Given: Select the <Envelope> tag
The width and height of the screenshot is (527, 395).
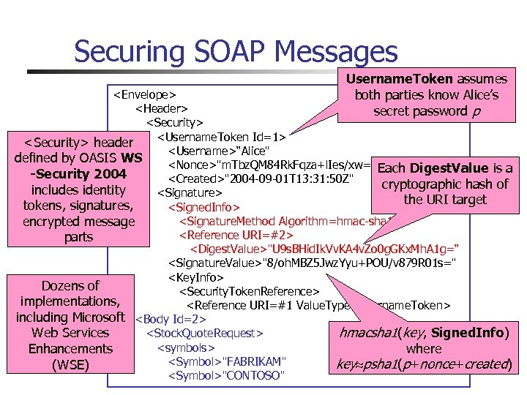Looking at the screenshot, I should click(x=143, y=94).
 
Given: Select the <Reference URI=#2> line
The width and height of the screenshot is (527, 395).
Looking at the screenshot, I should click(x=236, y=235).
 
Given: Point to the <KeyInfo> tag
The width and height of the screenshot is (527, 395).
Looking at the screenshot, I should click(x=195, y=278).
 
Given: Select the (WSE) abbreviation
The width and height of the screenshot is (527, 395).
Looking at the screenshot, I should click(x=70, y=364).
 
